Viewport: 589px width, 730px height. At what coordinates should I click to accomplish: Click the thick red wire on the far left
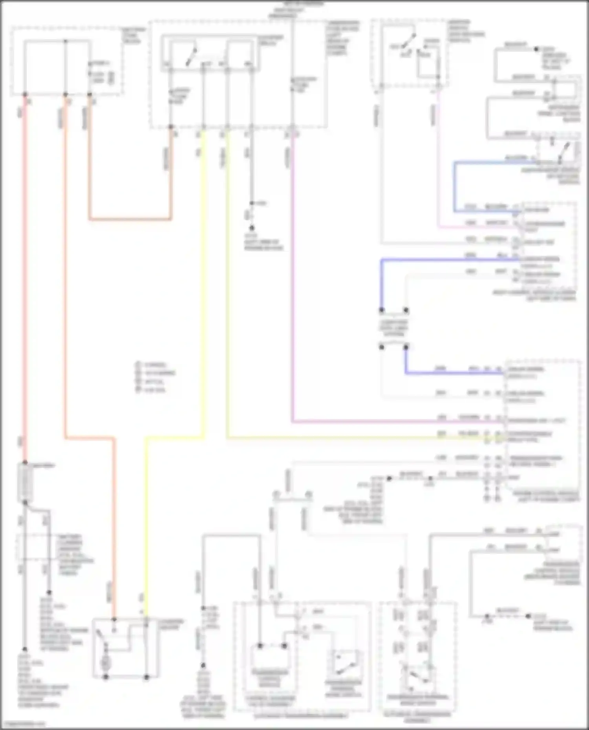pos(25,275)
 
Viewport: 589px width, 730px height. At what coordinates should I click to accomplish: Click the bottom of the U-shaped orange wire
pos(130,219)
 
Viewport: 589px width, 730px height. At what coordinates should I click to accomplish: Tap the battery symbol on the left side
pos(25,483)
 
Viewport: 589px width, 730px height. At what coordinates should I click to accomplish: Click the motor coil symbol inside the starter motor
pos(105,663)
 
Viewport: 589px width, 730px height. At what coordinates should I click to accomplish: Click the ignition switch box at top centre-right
pos(410,53)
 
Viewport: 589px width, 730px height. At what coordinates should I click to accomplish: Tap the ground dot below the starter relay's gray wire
pos(252,228)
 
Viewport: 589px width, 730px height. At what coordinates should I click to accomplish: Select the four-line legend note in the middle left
pos(155,377)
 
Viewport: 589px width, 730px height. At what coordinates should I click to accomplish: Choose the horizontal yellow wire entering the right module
pos(353,437)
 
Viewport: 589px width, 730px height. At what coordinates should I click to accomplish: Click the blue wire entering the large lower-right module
pos(452,373)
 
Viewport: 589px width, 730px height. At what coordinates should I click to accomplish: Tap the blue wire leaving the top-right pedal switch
pos(455,184)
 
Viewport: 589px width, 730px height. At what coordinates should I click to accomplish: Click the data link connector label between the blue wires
pos(394,328)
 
